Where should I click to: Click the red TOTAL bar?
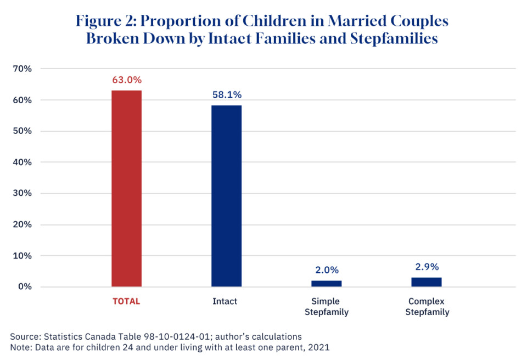point(126,188)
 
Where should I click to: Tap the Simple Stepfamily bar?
point(326,283)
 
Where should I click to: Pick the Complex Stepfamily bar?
point(427,282)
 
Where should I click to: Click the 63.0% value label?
point(127,80)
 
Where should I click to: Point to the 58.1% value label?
point(227,94)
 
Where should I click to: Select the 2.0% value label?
point(327,270)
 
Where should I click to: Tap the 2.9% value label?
point(427,267)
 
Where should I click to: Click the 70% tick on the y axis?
point(23,69)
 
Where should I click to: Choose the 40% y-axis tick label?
point(23,162)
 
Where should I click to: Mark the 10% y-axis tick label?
point(23,256)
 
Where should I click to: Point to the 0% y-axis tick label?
point(25,286)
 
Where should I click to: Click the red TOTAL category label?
point(127,301)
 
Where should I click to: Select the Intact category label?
point(226,301)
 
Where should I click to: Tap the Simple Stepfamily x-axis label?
point(326,307)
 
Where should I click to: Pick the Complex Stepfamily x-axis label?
point(427,307)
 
